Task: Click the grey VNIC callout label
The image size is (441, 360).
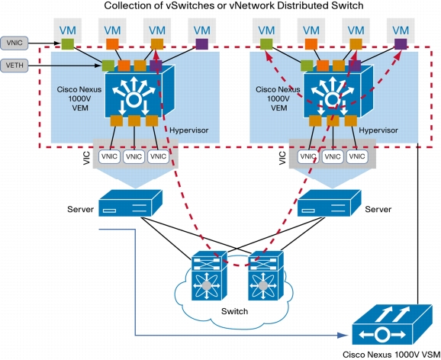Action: [14, 43]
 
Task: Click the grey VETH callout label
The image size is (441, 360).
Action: [14, 66]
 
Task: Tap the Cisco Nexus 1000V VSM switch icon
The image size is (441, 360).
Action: [391, 325]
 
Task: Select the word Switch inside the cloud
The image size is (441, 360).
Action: [234, 311]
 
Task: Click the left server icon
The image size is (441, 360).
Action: [130, 203]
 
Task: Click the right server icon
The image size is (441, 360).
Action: [329, 203]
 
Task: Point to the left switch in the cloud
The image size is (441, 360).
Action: [209, 275]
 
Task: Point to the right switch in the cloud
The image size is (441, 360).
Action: [266, 275]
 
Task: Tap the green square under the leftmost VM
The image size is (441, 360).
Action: [67, 44]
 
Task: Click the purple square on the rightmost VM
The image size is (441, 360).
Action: [401, 44]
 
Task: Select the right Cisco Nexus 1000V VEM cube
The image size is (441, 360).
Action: [339, 92]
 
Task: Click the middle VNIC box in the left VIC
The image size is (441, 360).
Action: [134, 156]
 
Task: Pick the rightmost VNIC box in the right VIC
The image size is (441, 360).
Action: [357, 156]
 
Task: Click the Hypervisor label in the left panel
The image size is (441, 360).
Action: [188, 130]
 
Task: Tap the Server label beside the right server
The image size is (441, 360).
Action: [378, 209]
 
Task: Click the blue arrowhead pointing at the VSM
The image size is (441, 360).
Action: [343, 335]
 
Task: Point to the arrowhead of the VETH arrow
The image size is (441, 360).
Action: [98, 66]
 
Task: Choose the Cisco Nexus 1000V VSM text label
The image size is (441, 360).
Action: [391, 355]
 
